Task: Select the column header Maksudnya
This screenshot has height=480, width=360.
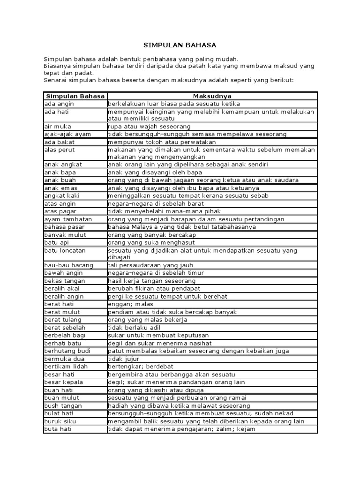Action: pyautogui.click(x=212, y=96)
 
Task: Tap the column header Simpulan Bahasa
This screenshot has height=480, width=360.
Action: pyautogui.click(x=75, y=96)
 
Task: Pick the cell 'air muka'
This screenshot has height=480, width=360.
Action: pyautogui.click(x=56, y=127)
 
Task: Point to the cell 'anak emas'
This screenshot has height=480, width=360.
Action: pyautogui.click(x=58, y=188)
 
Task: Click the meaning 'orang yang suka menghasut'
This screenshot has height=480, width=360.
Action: pyautogui.click(x=150, y=242)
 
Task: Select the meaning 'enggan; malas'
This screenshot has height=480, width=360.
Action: pyautogui.click(x=127, y=304)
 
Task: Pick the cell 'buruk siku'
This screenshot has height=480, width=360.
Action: pyautogui.click(x=58, y=421)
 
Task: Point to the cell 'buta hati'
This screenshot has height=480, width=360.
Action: pyautogui.click(x=56, y=429)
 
